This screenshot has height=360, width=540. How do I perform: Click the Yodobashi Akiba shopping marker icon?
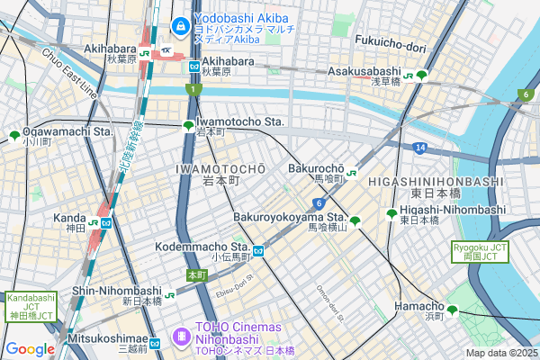click(x=179, y=25)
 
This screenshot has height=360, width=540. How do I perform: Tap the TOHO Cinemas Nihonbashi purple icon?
click(x=183, y=336)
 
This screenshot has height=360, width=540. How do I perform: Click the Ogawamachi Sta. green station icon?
click(x=14, y=136)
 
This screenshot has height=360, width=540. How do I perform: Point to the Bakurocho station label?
click(x=315, y=168)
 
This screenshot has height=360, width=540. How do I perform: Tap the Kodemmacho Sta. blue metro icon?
click(x=257, y=251)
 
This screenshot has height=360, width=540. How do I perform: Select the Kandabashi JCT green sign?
click(x=31, y=307)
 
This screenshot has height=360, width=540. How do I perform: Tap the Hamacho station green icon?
click(x=452, y=310)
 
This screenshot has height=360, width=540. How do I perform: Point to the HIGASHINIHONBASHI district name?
click(x=447, y=181)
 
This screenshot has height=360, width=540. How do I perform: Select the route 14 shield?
click(x=420, y=147)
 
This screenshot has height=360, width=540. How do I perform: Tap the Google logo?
click(x=30, y=349)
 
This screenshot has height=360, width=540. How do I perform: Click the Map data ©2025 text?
click(x=499, y=353)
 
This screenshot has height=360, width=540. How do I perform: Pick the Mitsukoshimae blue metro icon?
click(x=155, y=342)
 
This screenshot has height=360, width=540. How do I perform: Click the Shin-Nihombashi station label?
click(x=116, y=291)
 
